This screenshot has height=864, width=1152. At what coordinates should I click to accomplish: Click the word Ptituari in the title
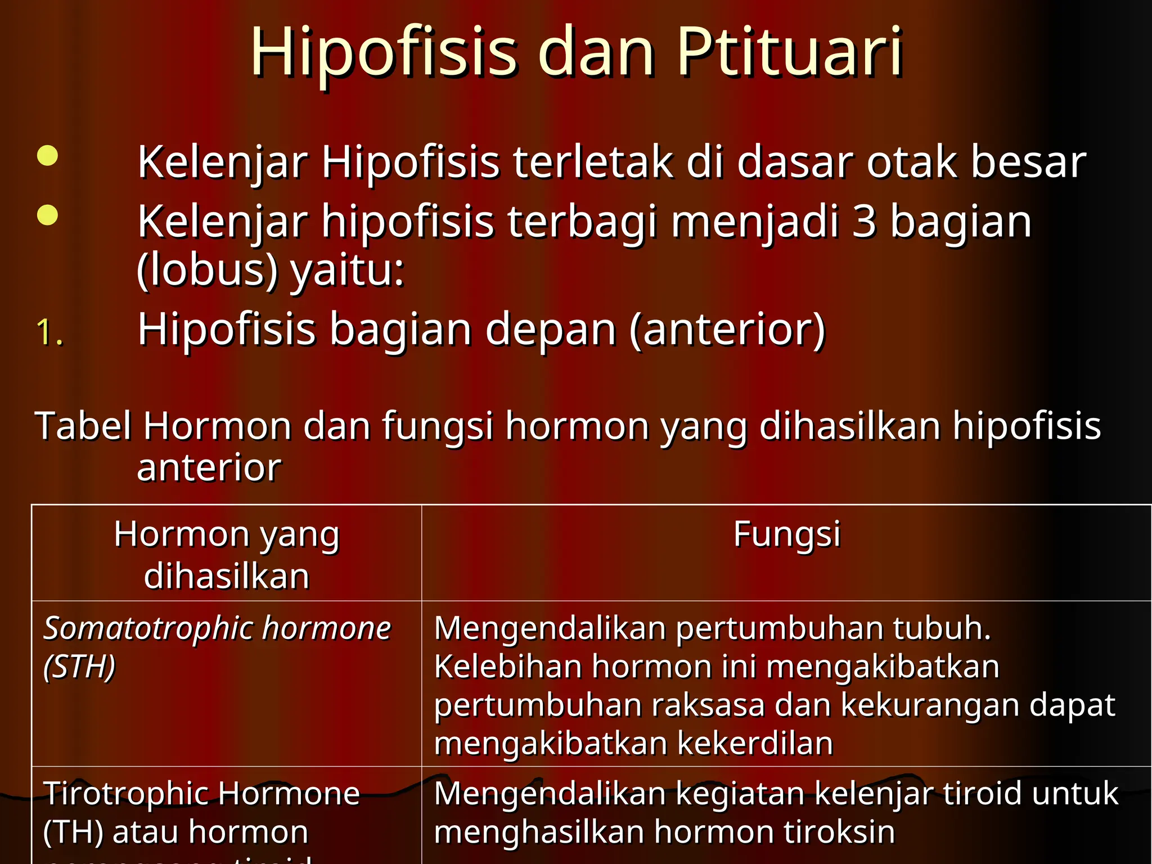coord(790,52)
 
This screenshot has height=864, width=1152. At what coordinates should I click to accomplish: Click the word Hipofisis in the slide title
coord(383,52)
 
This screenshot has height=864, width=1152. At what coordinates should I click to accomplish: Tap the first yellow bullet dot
coord(48,156)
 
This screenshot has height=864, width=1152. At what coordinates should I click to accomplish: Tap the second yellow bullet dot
coord(48,215)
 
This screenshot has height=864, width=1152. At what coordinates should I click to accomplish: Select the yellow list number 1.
coord(49,332)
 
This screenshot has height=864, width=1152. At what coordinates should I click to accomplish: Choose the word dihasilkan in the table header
coord(227,576)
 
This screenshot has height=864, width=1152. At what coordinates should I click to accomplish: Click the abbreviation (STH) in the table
coord(79,667)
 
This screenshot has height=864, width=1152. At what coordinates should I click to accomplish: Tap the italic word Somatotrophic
coord(148,628)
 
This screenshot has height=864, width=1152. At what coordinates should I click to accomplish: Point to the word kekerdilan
coord(755,743)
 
